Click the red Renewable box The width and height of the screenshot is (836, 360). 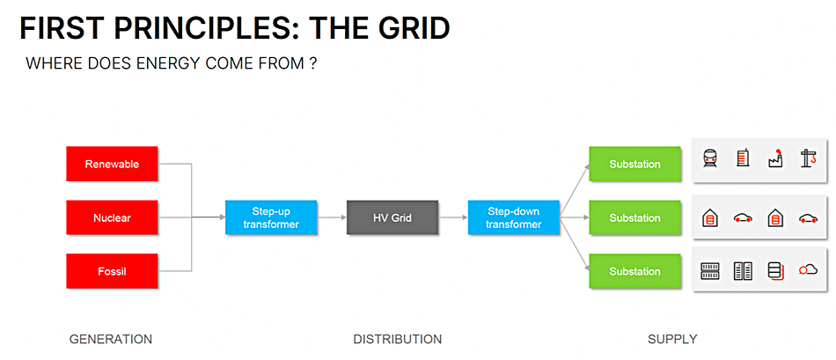[112, 164]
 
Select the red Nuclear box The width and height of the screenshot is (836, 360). [112, 217]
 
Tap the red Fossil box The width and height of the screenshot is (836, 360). [112, 271]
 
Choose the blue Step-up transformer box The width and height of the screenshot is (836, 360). [271, 217]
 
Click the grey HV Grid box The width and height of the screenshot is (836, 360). [392, 217]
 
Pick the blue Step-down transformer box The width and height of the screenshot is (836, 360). [514, 217]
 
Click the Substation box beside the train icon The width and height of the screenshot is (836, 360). [635, 164]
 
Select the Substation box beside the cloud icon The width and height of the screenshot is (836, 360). [635, 271]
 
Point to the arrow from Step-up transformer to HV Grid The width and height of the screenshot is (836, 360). [332, 217]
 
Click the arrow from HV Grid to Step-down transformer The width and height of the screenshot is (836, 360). [453, 217]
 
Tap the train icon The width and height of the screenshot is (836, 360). [709, 158]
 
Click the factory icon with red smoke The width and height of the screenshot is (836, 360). [775, 158]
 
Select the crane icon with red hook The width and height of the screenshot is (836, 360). [808, 158]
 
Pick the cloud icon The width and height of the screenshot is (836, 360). [808, 270]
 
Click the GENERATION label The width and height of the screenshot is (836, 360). [111, 339]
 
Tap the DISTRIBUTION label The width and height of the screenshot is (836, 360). [397, 339]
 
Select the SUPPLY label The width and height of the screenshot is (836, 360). [672, 339]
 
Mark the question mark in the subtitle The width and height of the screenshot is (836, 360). [313, 64]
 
